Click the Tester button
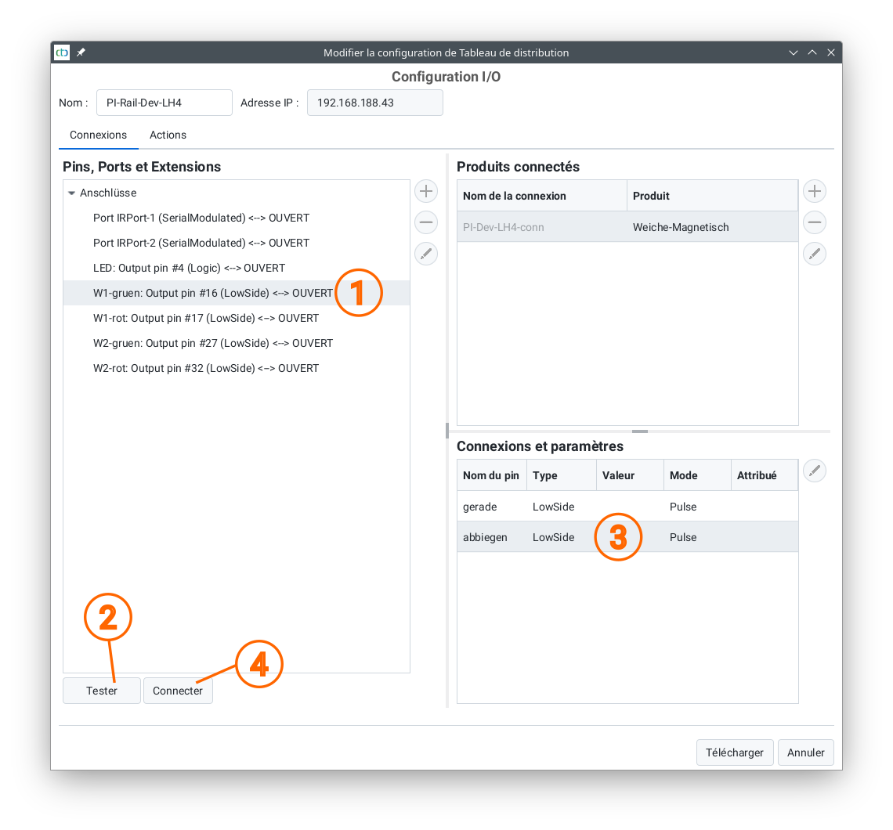(x=101, y=691)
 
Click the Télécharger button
(x=734, y=752)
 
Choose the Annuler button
(x=805, y=752)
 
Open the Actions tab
(x=168, y=135)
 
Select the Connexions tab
(x=99, y=135)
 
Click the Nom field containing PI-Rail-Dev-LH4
(x=164, y=103)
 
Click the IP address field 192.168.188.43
(x=374, y=103)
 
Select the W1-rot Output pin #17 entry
(x=205, y=318)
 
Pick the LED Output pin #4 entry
(x=189, y=268)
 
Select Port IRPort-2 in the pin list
(x=201, y=243)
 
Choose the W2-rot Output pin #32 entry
(x=205, y=368)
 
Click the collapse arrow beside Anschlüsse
(x=72, y=193)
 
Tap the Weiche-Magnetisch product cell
(x=681, y=227)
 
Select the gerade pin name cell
(x=479, y=507)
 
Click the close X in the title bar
(x=831, y=52)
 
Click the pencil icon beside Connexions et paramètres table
(x=815, y=471)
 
